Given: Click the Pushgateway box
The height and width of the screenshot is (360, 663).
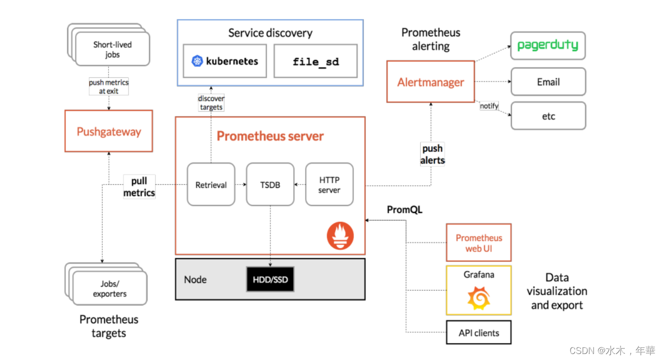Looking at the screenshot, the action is pyautogui.click(x=108, y=131).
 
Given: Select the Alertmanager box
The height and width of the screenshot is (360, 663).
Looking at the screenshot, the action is pyautogui.click(x=430, y=81).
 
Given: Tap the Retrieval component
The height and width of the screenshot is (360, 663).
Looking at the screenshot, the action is pyautogui.click(x=211, y=184).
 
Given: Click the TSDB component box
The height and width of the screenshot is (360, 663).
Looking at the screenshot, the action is pyautogui.click(x=270, y=184).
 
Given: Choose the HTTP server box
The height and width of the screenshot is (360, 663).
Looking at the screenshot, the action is pyautogui.click(x=329, y=184).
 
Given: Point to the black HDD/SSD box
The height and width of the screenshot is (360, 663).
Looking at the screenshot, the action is pyautogui.click(x=270, y=279).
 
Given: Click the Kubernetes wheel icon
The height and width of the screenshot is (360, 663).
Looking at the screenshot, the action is pyautogui.click(x=197, y=61).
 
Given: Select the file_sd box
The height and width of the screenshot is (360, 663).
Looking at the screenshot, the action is pyautogui.click(x=315, y=61).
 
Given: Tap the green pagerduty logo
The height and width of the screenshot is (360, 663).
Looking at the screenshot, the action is pyautogui.click(x=547, y=45).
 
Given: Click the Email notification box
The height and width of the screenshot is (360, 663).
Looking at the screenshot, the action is pyautogui.click(x=548, y=81).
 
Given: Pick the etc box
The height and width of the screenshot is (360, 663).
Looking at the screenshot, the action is pyautogui.click(x=548, y=116).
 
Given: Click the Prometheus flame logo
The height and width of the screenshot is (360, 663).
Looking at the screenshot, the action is pyautogui.click(x=340, y=235).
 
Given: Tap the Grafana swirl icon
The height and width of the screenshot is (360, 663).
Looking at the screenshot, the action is pyautogui.click(x=478, y=298).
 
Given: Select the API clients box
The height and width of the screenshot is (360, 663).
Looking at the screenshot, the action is pyautogui.click(x=478, y=332).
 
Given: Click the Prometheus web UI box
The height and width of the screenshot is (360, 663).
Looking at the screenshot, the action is pyautogui.click(x=478, y=243).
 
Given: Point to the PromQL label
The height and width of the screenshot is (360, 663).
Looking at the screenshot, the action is pyautogui.click(x=404, y=209).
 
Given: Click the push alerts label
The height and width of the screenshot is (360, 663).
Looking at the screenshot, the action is pyautogui.click(x=432, y=154).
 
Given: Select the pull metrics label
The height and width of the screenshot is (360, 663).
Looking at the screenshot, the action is pyautogui.click(x=139, y=187).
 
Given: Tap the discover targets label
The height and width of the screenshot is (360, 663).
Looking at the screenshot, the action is pyautogui.click(x=211, y=102).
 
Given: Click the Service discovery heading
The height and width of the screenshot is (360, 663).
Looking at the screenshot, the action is pyautogui.click(x=270, y=33).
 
